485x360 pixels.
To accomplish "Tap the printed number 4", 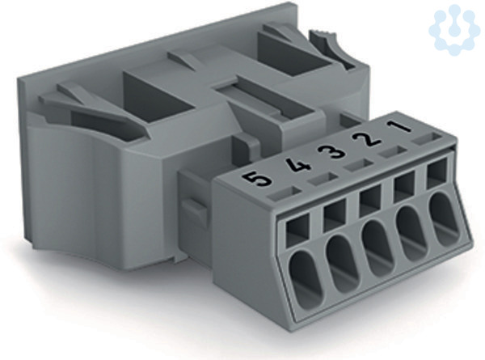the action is [x=297, y=166].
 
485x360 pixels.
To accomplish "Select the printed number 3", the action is [x=333, y=151].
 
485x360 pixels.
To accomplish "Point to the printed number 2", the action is [x=367, y=139].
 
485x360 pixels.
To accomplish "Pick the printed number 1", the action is [x=398, y=127].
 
